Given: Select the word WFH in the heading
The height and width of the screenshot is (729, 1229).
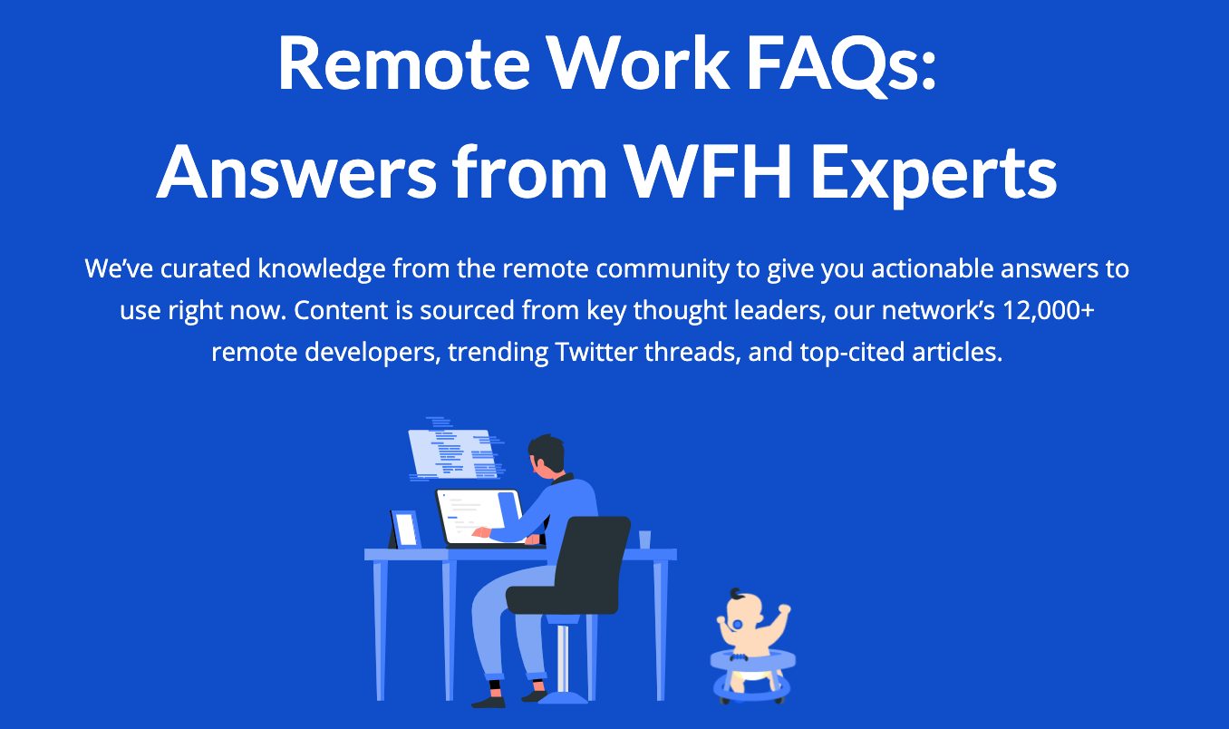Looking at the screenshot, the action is tap(708, 171).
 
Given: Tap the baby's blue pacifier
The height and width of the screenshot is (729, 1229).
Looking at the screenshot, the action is tap(738, 624).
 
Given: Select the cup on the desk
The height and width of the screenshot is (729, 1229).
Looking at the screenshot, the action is tap(644, 539).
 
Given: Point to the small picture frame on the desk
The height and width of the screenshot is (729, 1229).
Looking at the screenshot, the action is tap(405, 530).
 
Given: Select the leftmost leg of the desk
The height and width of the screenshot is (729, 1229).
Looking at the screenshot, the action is tap(379, 629).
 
